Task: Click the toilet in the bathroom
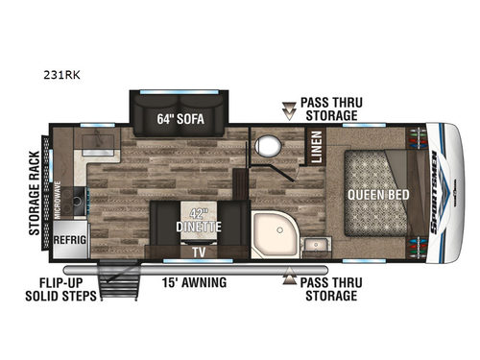(x=267, y=147)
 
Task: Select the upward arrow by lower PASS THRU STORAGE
(x=287, y=282)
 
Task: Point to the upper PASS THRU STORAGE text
(x=328, y=108)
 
